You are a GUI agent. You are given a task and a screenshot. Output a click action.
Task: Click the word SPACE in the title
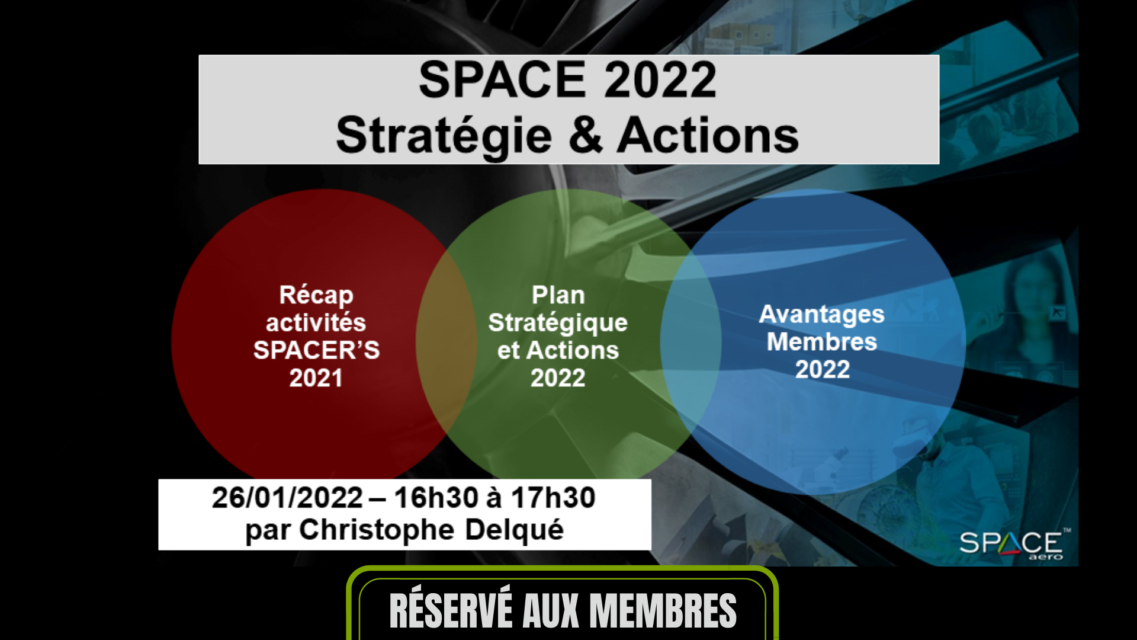[x=502, y=80]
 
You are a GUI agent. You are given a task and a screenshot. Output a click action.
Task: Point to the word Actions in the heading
[x=708, y=135]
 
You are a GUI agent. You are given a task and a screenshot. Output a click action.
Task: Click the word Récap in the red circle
[x=316, y=296]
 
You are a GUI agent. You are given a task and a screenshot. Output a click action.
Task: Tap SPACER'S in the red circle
[x=316, y=350]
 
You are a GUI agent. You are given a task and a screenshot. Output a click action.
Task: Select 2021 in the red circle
[x=316, y=378]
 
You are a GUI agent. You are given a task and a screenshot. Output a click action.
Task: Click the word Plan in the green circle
[x=558, y=295]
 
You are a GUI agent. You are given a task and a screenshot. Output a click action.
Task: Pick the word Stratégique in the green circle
[x=558, y=324]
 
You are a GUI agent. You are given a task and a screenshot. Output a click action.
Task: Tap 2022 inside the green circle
[x=558, y=378]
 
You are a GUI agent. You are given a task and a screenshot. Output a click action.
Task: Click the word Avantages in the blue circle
[x=822, y=315]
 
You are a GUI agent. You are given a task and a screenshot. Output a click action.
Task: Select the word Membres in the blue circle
[x=822, y=342]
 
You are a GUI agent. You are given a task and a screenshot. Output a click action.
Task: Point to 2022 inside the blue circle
[x=823, y=370]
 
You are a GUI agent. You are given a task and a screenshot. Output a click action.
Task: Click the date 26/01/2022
[x=287, y=498]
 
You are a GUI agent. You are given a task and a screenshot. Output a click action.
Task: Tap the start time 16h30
[x=435, y=498]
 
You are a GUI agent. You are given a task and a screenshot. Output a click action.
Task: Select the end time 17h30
[x=553, y=498]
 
